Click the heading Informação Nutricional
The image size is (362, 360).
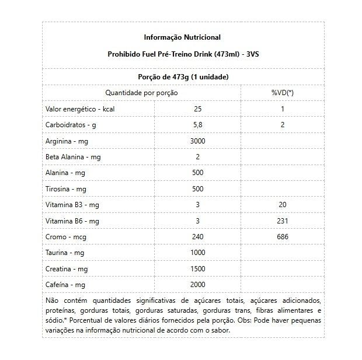pyautogui.click(x=182, y=37)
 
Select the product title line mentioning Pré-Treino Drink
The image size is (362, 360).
pyautogui.click(x=182, y=53)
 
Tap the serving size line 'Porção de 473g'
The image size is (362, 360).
pyautogui.click(x=183, y=77)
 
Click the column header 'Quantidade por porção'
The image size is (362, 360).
pyautogui.click(x=141, y=93)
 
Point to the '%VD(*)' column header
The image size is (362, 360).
pyautogui.click(x=283, y=93)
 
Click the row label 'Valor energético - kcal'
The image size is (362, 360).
pyautogui.click(x=79, y=109)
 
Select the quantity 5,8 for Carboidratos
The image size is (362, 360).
pyautogui.click(x=198, y=125)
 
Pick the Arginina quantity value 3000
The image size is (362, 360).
pyautogui.click(x=198, y=141)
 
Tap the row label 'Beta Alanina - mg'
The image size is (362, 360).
pyautogui.click(x=73, y=157)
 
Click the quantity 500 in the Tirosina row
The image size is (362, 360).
pyautogui.click(x=198, y=189)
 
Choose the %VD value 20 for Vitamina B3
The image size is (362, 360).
pyautogui.click(x=283, y=205)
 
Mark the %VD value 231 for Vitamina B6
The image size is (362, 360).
pyautogui.click(x=283, y=221)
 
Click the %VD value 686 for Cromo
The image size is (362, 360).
pyautogui.click(x=283, y=236)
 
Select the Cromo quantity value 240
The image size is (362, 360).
pyautogui.click(x=198, y=236)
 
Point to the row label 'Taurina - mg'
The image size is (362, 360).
pyautogui.click(x=65, y=253)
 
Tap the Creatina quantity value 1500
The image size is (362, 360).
pyautogui.click(x=198, y=268)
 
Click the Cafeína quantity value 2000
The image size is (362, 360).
pyautogui.click(x=198, y=284)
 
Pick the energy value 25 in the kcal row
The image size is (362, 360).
pyautogui.click(x=198, y=109)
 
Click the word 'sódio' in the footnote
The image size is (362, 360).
pyautogui.click(x=54, y=320)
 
